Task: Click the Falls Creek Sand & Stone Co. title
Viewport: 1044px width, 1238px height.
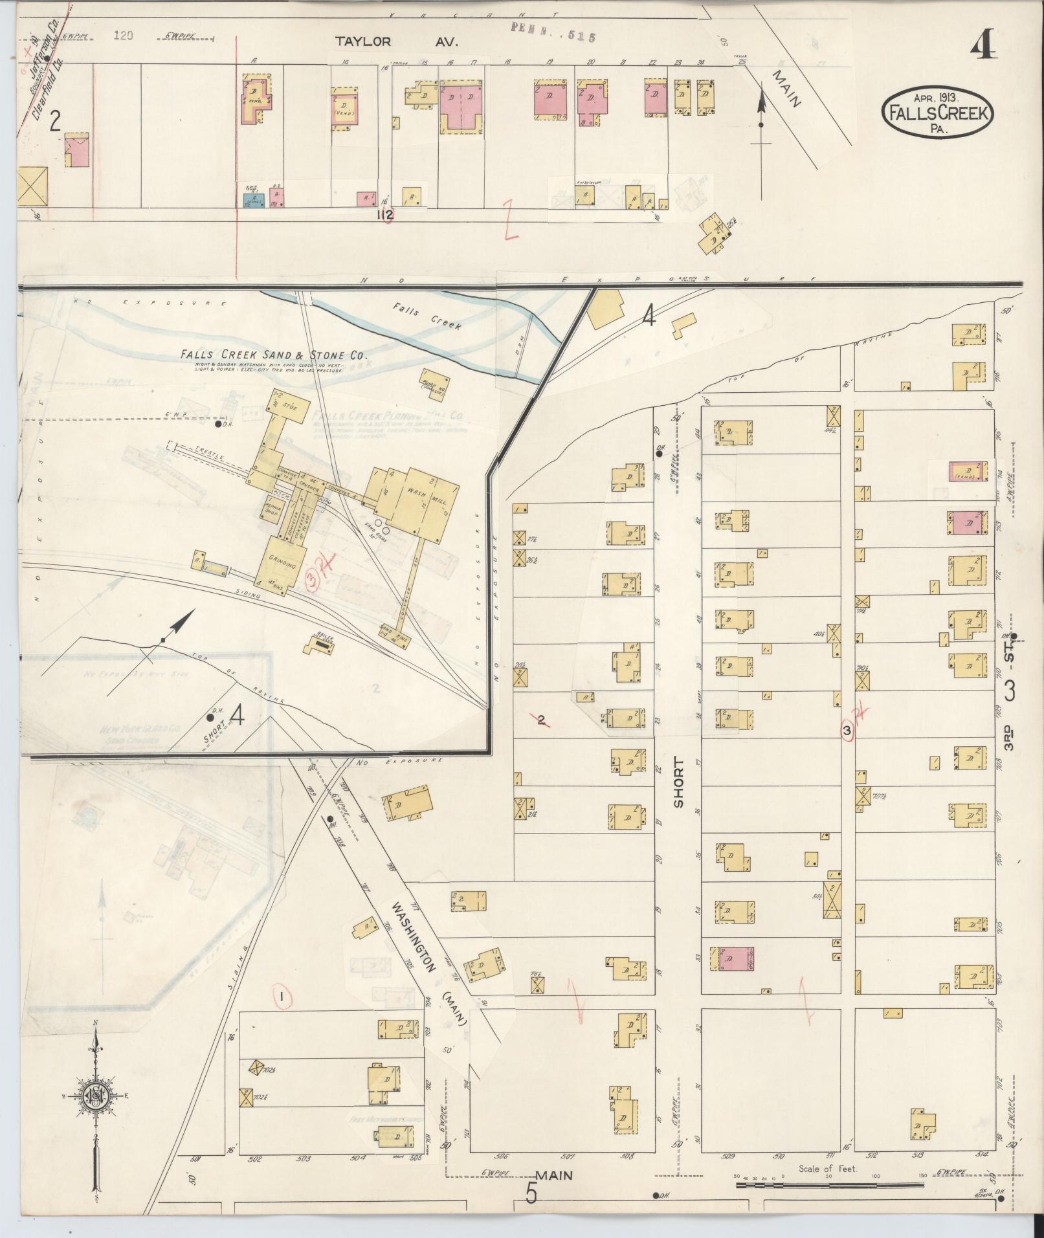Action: (274, 355)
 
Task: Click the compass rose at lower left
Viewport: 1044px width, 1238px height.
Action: (94, 1096)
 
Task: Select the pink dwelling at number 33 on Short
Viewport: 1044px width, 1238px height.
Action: (732, 958)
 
